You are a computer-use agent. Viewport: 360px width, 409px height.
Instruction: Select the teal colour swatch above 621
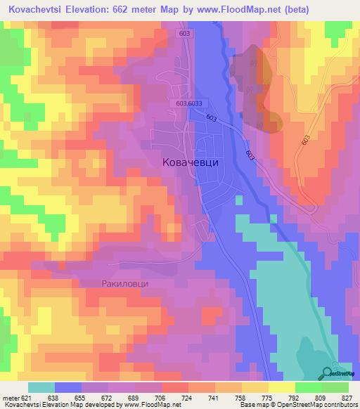tap(41, 387)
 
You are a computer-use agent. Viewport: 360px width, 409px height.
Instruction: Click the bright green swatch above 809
tap(308, 387)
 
